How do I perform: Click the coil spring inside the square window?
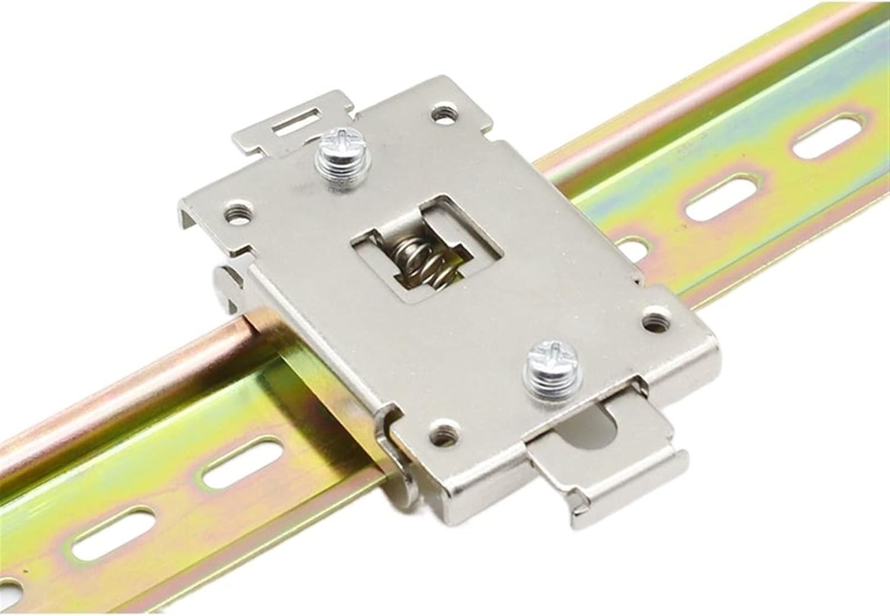tap(425, 265)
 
